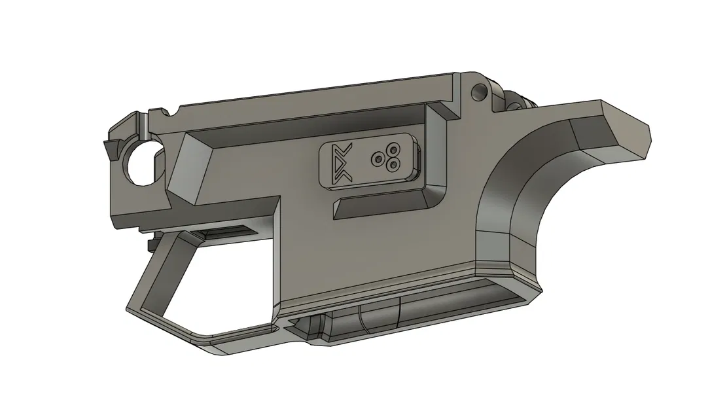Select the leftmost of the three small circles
point(376,159)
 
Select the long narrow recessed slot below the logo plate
point(380,208)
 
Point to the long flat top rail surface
point(314,98)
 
